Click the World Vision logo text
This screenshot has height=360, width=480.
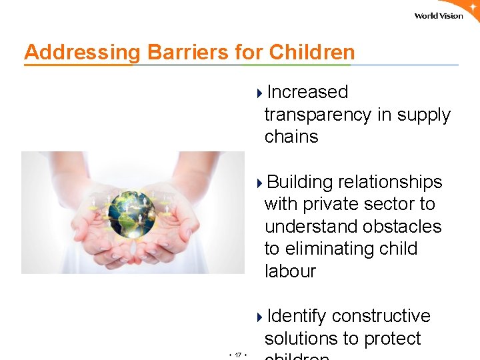point(438,16)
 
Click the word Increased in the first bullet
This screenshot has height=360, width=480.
point(307,92)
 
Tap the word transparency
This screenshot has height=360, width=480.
point(318,115)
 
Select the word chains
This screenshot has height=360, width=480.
point(291,137)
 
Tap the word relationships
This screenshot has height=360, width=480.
point(390,182)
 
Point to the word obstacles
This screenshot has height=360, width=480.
point(399,227)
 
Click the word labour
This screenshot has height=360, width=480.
point(290,271)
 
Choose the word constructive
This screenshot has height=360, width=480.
point(381,316)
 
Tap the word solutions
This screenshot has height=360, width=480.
point(304,339)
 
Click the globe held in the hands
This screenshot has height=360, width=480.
point(131,214)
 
